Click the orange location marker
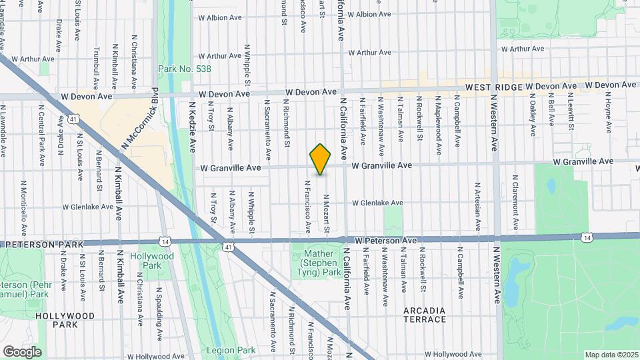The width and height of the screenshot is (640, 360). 321,159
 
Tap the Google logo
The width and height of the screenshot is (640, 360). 22,351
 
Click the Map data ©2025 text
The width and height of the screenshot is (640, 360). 610,354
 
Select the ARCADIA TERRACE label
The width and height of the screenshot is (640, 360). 425,315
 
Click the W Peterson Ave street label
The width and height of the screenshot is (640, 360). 386,240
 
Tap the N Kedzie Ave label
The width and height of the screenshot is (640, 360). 192,127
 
